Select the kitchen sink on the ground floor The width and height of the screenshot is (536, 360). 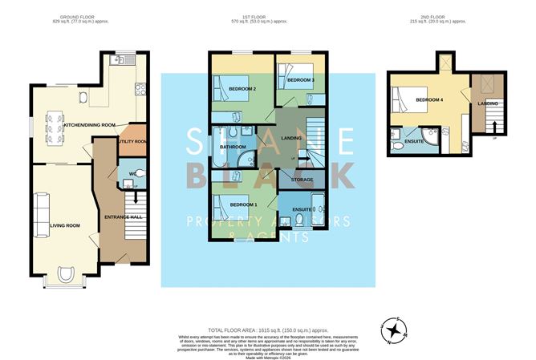click(117, 59)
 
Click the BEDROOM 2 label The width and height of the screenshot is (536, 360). click(242, 88)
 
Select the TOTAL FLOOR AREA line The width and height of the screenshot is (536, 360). click(267, 330)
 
